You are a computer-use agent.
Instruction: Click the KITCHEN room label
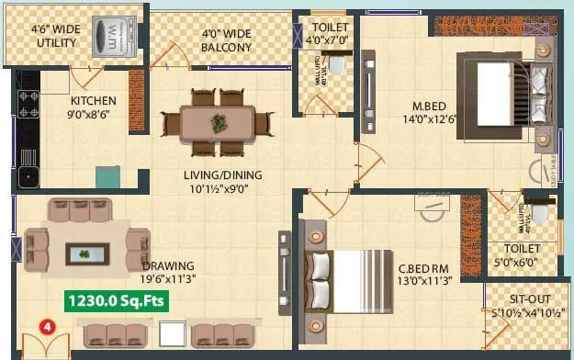click(x=93, y=101)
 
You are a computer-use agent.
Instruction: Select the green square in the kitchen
click(x=107, y=176)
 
